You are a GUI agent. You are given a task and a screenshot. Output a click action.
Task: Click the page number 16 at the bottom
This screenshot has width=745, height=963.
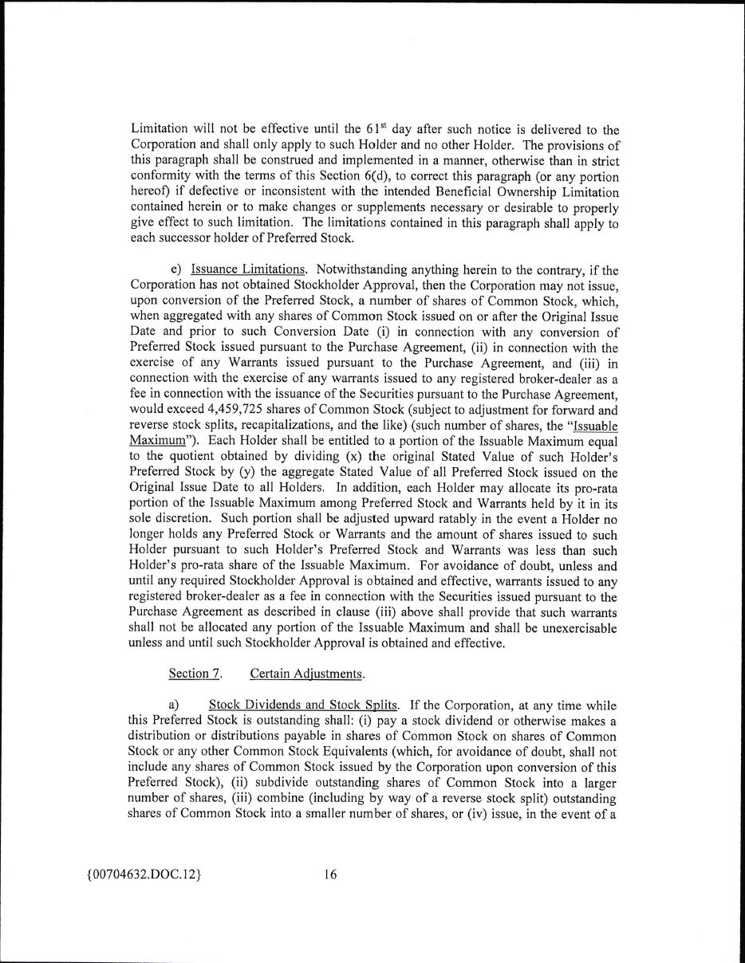point(330,875)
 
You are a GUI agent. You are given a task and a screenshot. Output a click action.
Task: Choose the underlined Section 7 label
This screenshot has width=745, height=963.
point(195,674)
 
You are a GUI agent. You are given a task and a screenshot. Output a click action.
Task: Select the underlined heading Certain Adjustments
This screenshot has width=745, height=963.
point(307,674)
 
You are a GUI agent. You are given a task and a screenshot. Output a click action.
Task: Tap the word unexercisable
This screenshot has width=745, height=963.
point(579,628)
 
